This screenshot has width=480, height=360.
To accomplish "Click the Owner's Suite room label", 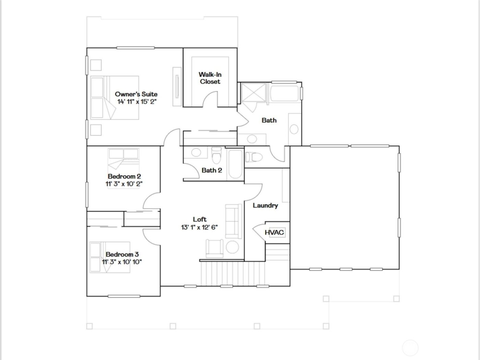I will (x=136, y=94).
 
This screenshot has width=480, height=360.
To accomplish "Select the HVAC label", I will (x=274, y=232).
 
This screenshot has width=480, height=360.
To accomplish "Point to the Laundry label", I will (x=265, y=205).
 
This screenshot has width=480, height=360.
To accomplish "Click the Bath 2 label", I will (x=212, y=170).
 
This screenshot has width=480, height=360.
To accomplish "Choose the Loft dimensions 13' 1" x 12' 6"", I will (x=200, y=227).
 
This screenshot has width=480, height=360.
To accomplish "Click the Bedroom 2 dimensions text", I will (x=124, y=184).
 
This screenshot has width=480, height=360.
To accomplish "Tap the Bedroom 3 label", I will (x=122, y=254).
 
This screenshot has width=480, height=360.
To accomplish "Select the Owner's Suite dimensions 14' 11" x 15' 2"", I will (x=137, y=101).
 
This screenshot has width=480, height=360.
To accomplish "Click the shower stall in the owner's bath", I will (x=253, y=92).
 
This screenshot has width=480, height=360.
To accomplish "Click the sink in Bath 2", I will (x=196, y=153).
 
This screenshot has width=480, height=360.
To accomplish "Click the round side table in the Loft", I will (x=232, y=248).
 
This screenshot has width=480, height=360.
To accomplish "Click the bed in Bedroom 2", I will (x=124, y=159).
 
